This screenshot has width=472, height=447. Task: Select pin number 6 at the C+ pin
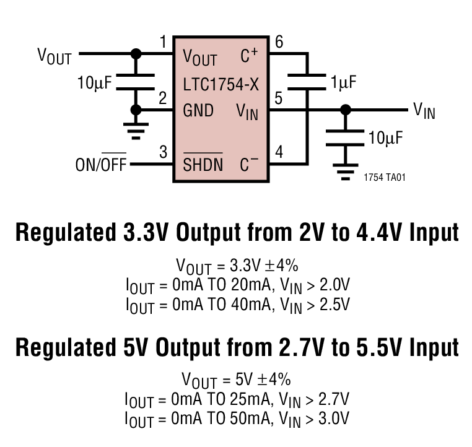point(279,43)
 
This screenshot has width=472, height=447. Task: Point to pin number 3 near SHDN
point(164,152)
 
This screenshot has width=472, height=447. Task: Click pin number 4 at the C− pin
point(279,152)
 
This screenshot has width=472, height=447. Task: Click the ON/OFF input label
point(100,165)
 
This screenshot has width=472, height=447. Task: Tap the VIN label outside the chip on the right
point(424,111)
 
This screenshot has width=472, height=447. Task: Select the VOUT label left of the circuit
point(55,56)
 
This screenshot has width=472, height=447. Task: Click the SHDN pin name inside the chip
point(202,165)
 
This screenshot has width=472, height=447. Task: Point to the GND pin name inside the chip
point(198,111)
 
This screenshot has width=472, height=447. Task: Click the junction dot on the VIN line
point(346,110)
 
